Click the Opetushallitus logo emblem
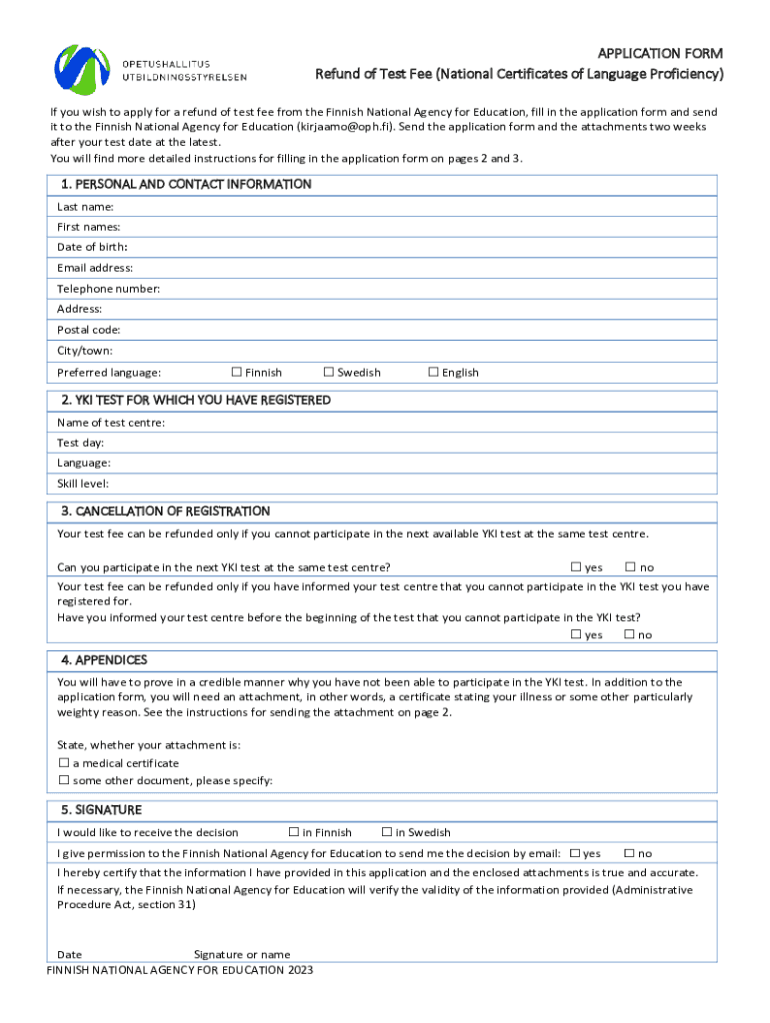point(82,67)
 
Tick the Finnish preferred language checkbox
point(237,373)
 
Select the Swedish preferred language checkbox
point(329,373)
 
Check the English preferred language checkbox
point(434,373)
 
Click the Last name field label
point(85,206)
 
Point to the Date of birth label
point(92,247)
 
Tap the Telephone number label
point(108,289)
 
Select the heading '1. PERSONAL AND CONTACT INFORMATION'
point(186,185)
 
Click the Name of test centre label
point(111,423)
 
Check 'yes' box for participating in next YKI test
point(576,567)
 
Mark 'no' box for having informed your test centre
point(630,634)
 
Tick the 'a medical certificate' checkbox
point(64,763)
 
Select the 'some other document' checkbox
point(64,780)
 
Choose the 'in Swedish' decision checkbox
point(387,832)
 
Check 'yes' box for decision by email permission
point(575,853)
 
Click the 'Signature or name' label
point(242,955)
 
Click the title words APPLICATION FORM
point(660,53)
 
